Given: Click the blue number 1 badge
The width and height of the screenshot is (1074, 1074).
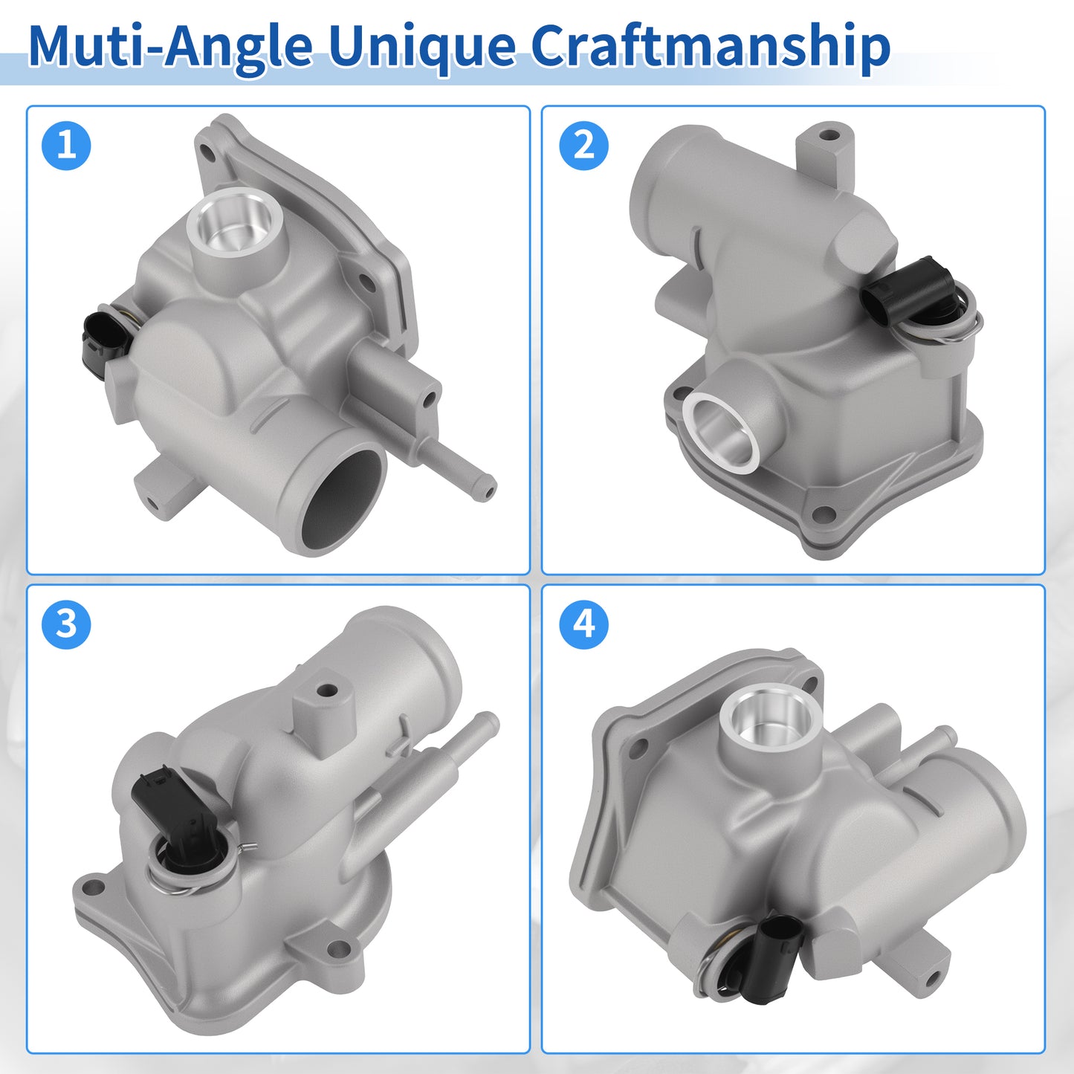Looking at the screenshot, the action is pos(66,146).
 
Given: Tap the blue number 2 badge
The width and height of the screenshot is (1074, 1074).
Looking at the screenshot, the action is pos(583,146).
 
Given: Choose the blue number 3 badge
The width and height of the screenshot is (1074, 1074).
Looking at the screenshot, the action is pos(66,624).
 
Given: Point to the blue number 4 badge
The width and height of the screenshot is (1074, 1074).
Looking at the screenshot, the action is pos(583,624).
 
